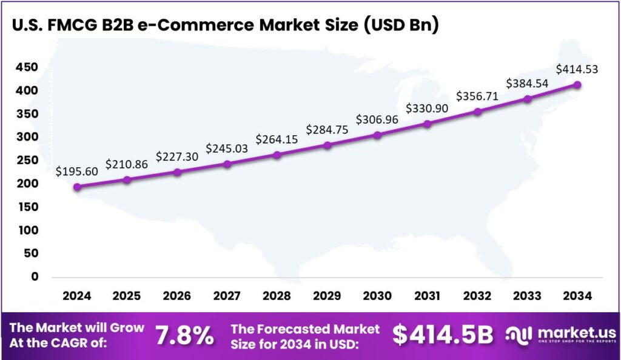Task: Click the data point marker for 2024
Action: coord(77,187)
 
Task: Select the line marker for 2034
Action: coord(577,85)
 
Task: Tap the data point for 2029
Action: coord(327,145)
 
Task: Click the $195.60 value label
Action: coord(77,172)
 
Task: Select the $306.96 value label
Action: coord(377,119)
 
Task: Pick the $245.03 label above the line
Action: coord(227,148)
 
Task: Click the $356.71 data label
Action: coord(477,96)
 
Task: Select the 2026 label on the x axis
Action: coord(176,296)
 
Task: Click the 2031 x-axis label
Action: coord(427,296)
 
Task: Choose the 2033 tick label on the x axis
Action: coord(527,296)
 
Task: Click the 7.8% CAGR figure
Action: coord(184,335)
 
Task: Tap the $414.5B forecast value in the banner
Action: coord(443,335)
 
